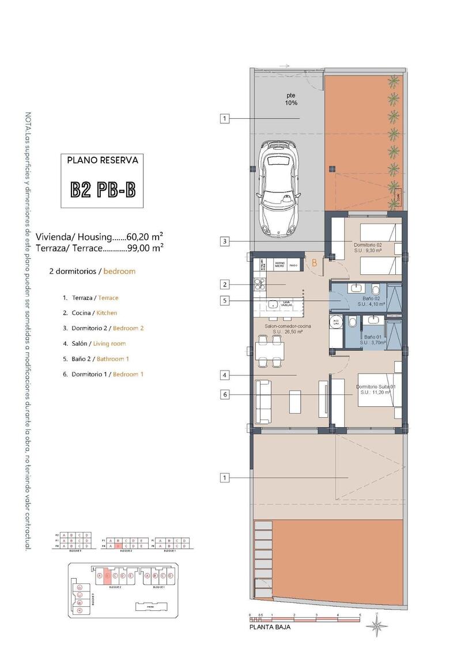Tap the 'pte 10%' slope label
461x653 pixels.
click(x=292, y=99)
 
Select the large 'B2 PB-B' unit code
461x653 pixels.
click(x=103, y=190)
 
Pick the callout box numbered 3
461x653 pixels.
click(x=225, y=241)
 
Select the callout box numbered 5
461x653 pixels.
click(x=225, y=300)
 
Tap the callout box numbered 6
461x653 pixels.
click(x=225, y=395)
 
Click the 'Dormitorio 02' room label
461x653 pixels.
click(x=368, y=245)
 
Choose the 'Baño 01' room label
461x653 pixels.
click(x=372, y=337)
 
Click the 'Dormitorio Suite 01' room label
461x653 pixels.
click(x=375, y=386)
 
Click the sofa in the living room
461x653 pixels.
click(x=263, y=400)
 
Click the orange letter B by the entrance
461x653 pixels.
click(x=315, y=263)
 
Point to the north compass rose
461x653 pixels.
click(x=377, y=625)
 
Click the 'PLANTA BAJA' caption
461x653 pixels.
click(x=270, y=628)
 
